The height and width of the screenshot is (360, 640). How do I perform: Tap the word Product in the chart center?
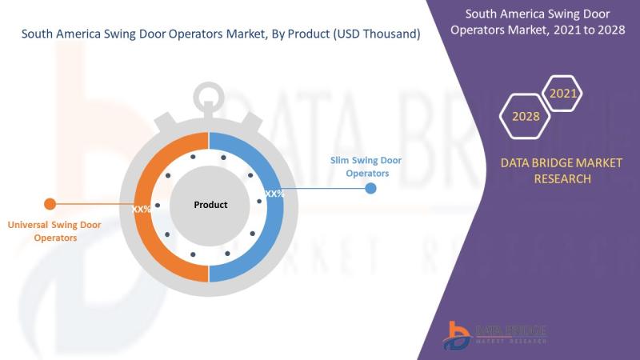tap(210, 205)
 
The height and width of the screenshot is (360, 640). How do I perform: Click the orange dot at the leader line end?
tap(50, 204)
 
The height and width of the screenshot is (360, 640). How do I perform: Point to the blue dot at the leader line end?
tap(370, 188)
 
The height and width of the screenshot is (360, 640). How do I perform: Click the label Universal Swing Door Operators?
tap(54, 231)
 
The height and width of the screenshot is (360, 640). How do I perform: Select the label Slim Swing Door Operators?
tap(366, 166)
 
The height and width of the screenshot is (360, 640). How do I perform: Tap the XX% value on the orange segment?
tap(142, 210)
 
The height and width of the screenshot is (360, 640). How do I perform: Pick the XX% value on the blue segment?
tap(274, 194)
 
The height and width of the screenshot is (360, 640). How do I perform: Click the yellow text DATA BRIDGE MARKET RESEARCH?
tap(562, 170)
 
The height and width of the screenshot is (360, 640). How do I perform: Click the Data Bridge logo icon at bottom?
tap(458, 335)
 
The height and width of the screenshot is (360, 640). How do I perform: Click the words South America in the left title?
tap(62, 34)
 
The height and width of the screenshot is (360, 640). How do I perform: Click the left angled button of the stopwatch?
tap(166, 121)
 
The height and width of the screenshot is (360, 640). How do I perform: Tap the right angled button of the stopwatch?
tap(252, 121)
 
